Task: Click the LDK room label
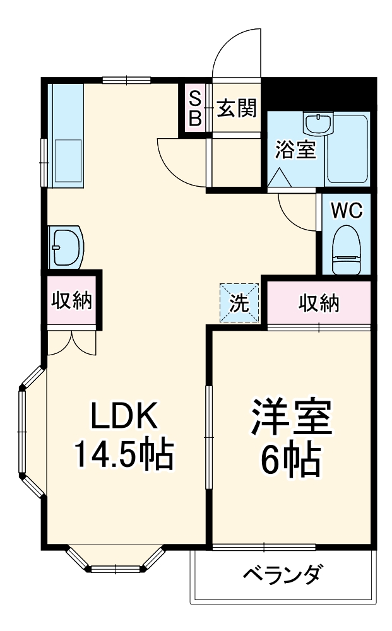(x=123, y=417)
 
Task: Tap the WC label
(x=347, y=210)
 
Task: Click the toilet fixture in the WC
(x=346, y=249)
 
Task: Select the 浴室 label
(x=295, y=150)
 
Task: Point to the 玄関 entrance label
(x=237, y=109)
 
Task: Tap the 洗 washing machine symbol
(x=239, y=304)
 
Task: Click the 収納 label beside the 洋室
(x=319, y=303)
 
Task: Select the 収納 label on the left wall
(x=71, y=300)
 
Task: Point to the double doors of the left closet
(x=71, y=341)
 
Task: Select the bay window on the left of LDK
(x=29, y=432)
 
